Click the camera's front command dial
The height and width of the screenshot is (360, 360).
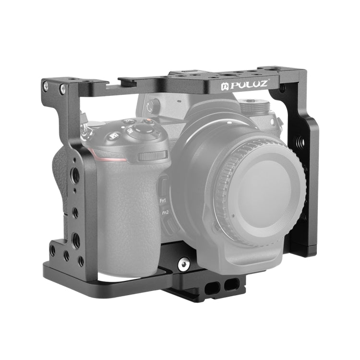(x=153, y=156)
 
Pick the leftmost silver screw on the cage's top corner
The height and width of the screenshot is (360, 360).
(x=46, y=86)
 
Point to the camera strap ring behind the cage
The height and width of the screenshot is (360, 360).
(x=85, y=131)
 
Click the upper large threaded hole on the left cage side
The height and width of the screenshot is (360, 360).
(x=76, y=173)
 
